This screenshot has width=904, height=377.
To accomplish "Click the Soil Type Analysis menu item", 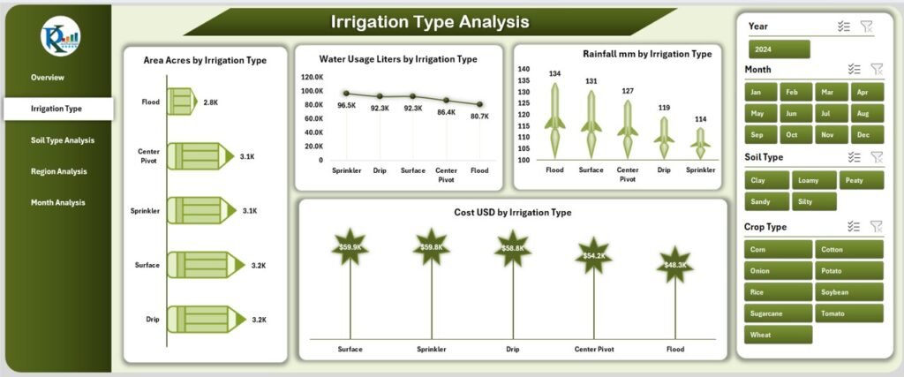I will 62,139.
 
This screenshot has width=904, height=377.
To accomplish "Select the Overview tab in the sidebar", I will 48,78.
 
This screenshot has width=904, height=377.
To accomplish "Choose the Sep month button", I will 757,135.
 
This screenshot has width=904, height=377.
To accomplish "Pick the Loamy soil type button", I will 810,180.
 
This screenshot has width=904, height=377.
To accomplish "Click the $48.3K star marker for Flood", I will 675,265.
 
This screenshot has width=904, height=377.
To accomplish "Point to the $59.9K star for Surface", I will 350,246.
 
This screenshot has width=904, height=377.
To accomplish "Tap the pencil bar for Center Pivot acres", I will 197,156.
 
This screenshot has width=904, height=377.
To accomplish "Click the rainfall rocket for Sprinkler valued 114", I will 700,139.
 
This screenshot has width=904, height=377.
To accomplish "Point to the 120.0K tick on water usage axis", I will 312,77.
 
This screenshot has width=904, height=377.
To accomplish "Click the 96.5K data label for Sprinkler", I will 347,106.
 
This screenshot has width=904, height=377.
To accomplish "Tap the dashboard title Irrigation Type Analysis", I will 430,21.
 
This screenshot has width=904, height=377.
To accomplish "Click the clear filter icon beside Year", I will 868,27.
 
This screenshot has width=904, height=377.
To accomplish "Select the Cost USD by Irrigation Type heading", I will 514,213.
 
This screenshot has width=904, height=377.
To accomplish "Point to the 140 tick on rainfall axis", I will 524,69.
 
